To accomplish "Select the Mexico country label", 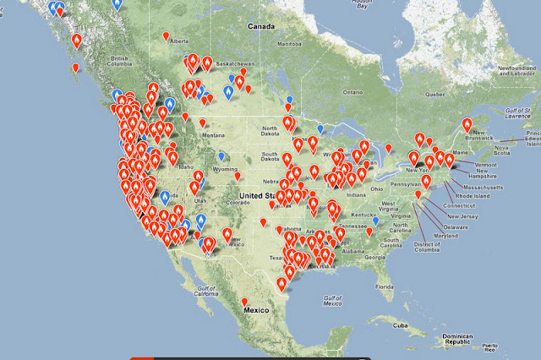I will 257,310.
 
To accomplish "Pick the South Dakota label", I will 273,155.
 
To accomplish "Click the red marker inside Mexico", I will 244,301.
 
